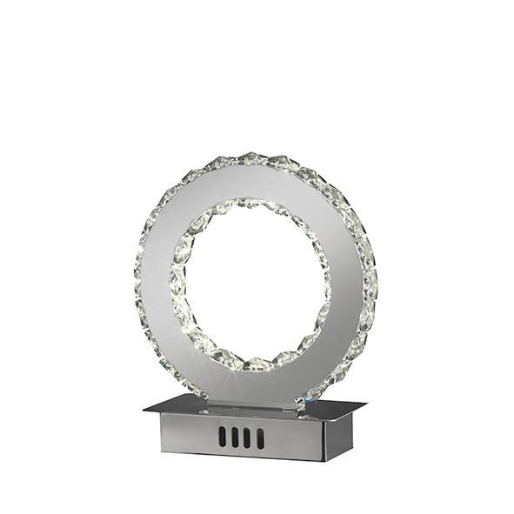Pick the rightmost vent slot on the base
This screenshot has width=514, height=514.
260,437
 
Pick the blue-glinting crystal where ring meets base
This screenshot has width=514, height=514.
301,403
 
